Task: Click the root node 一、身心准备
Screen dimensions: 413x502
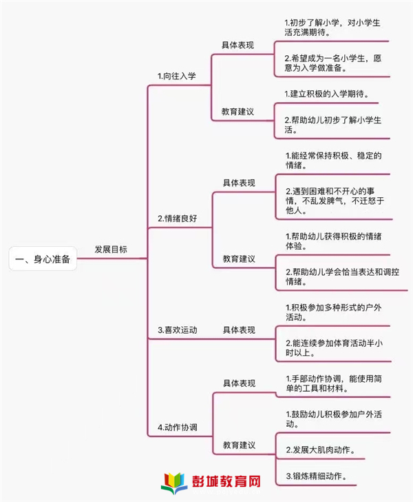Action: pyautogui.click(x=43, y=259)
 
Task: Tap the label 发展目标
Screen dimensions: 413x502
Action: pyautogui.click(x=111, y=250)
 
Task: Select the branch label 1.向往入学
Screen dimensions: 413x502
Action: pyautogui.click(x=176, y=76)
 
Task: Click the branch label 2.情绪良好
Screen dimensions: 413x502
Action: pyautogui.click(x=178, y=219)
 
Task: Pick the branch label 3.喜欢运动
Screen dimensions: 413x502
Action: pyautogui.click(x=178, y=330)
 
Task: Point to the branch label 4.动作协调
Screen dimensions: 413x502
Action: pyautogui.click(x=178, y=428)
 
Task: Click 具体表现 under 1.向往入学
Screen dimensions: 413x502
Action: pyautogui.click(x=238, y=45)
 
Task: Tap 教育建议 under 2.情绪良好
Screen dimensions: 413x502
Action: pyautogui.click(x=239, y=259)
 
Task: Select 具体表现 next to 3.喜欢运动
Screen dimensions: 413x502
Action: pyautogui.click(x=239, y=330)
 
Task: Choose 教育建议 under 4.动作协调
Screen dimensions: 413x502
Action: pyautogui.click(x=239, y=445)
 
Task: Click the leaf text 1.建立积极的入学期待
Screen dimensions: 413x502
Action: pyautogui.click(x=327, y=94)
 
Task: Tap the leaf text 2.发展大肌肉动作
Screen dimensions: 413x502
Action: pyautogui.click(x=321, y=450)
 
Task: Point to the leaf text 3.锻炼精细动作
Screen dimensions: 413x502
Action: pyautogui.click(x=317, y=476)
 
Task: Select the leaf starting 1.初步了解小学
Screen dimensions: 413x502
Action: pyautogui.click(x=332, y=28)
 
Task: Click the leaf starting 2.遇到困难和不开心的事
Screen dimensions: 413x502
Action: pyautogui.click(x=335, y=201)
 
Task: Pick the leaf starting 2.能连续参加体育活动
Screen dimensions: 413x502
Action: pyautogui.click(x=334, y=348)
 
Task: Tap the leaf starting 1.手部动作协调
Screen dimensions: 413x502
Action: pyautogui.click(x=334, y=383)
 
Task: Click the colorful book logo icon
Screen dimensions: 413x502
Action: pyautogui.click(x=174, y=483)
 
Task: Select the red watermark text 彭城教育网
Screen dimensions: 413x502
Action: pyautogui.click(x=226, y=481)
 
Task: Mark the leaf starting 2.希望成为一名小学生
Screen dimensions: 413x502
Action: pyautogui.click(x=332, y=63)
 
